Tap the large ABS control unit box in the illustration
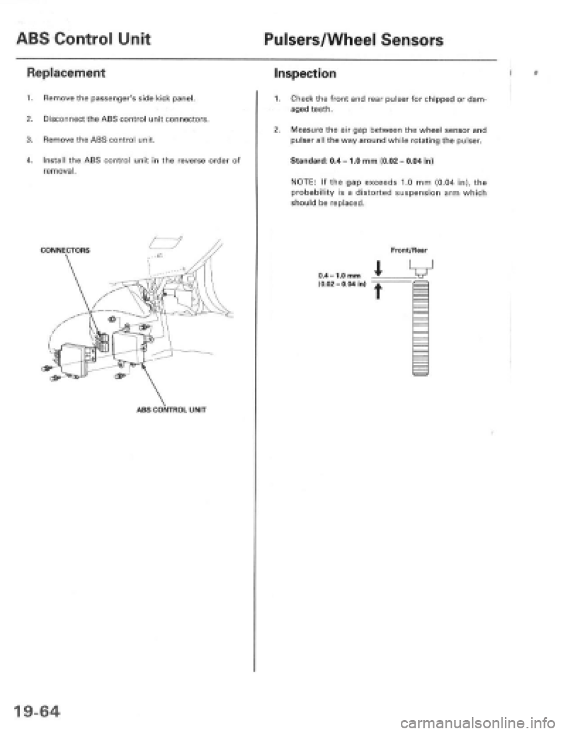click(134, 341)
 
